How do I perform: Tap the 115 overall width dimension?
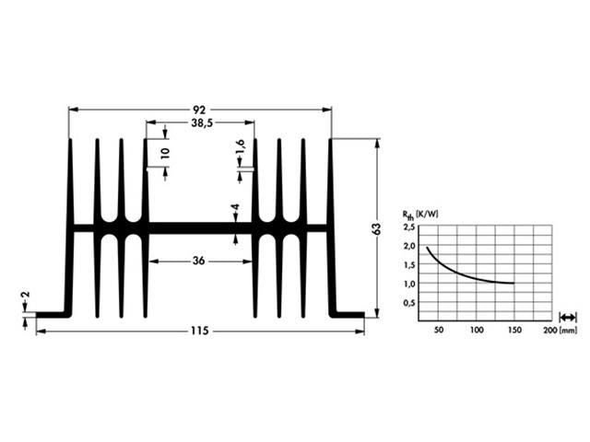click(200, 330)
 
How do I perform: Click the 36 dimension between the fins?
click(199, 262)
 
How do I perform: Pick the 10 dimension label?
click(165, 153)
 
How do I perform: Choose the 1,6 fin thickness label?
click(240, 148)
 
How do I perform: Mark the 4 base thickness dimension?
click(236, 209)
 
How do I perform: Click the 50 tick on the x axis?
click(439, 330)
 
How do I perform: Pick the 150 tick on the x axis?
click(513, 330)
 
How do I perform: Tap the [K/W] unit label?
click(427, 215)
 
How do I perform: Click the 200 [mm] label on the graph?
click(560, 330)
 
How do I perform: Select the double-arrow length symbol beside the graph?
click(569, 317)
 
